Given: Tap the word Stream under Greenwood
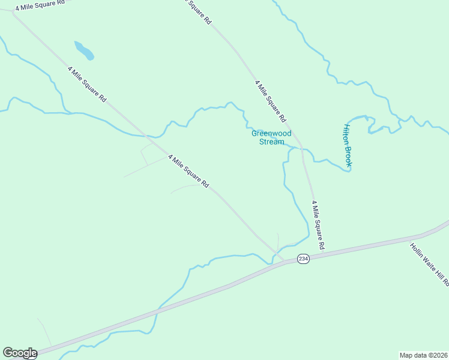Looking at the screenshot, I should click(x=271, y=142).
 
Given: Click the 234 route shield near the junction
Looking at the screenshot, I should click(x=303, y=259).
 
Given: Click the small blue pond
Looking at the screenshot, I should click(x=84, y=50).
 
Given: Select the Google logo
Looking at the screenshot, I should click(x=20, y=353).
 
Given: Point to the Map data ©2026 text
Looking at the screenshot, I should click(x=423, y=355).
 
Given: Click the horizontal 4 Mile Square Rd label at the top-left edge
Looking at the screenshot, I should click(x=40, y=5).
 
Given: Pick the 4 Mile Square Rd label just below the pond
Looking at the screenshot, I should click(x=88, y=84).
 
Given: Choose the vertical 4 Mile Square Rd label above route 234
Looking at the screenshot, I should click(x=318, y=226).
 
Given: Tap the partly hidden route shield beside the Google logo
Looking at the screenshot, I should click(x=31, y=356).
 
